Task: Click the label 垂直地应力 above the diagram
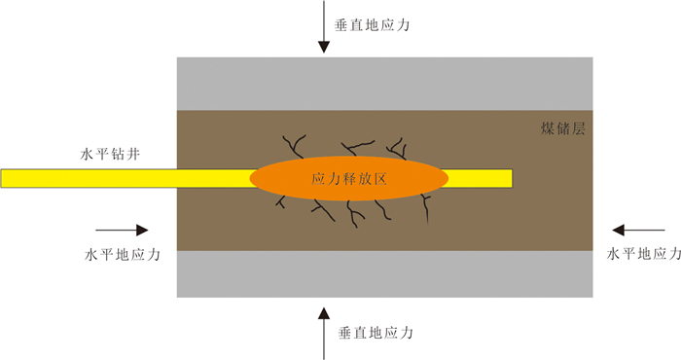(372, 25)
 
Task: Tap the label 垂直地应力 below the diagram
(376, 333)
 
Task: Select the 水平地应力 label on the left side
(123, 254)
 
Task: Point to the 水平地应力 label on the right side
(644, 254)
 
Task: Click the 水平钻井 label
(110, 154)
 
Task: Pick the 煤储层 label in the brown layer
(563, 128)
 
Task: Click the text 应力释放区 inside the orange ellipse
(349, 178)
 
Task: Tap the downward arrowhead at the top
(324, 47)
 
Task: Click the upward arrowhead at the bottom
(324, 313)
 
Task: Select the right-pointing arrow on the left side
(122, 231)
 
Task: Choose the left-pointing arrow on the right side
(638, 231)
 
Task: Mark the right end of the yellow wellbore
(512, 178)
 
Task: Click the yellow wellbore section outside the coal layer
(89, 178)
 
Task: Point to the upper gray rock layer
(385, 84)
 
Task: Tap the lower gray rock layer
(385, 274)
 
